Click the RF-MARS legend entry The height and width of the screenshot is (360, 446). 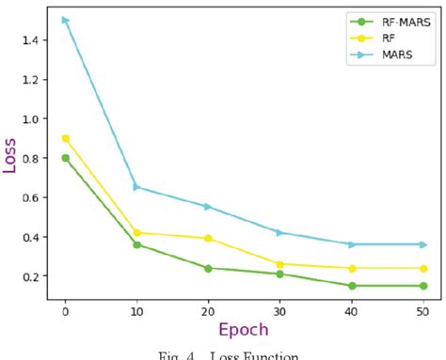point(386,21)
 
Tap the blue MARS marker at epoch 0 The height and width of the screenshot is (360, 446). point(65,20)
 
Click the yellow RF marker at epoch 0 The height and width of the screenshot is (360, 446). point(65,138)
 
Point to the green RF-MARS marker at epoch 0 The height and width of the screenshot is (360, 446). point(65,158)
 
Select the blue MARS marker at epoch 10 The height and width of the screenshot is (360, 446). point(136,187)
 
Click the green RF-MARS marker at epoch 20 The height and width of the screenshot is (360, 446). point(208,268)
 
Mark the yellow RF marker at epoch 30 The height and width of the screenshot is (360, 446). point(280,264)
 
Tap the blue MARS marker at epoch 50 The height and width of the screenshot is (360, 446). point(423,244)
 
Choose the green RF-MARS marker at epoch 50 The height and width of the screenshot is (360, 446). point(423,286)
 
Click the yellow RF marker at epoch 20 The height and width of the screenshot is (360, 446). point(208,238)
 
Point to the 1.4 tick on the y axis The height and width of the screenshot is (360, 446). point(30,39)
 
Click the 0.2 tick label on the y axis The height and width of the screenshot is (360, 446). point(30,276)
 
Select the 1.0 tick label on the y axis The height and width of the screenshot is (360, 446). point(30,118)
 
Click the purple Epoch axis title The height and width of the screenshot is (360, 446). point(244,330)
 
